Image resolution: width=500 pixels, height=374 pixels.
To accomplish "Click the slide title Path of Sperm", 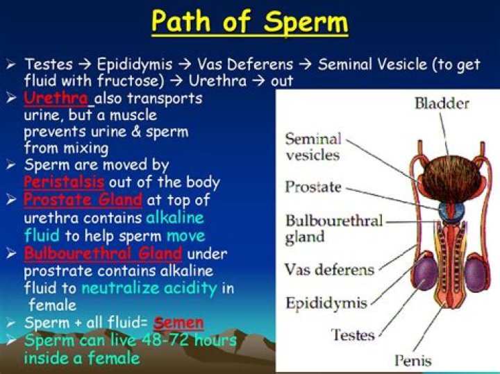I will [250, 22].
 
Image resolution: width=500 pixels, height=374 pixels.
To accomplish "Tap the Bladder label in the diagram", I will [442, 104].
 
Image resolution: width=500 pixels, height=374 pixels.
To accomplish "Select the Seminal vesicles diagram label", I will [313, 147].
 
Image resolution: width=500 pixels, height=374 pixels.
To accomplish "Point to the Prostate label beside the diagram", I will [313, 187].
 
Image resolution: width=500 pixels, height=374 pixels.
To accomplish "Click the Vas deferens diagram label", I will [329, 269].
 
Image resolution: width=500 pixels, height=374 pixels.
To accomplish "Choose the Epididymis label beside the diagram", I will [326, 303].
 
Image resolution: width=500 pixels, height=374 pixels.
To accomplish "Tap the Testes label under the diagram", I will [353, 334].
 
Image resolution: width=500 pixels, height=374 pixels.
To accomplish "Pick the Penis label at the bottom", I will [414, 360].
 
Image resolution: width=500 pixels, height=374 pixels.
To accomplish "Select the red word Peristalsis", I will [64, 182].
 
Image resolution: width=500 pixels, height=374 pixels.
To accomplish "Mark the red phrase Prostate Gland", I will [83, 200].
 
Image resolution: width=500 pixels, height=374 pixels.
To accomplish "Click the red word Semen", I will [178, 323].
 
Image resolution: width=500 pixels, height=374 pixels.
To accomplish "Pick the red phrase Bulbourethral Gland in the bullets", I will [103, 253].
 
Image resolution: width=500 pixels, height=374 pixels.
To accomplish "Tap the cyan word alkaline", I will [176, 218].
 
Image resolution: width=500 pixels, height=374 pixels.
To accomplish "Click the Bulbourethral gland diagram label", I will [333, 229].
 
